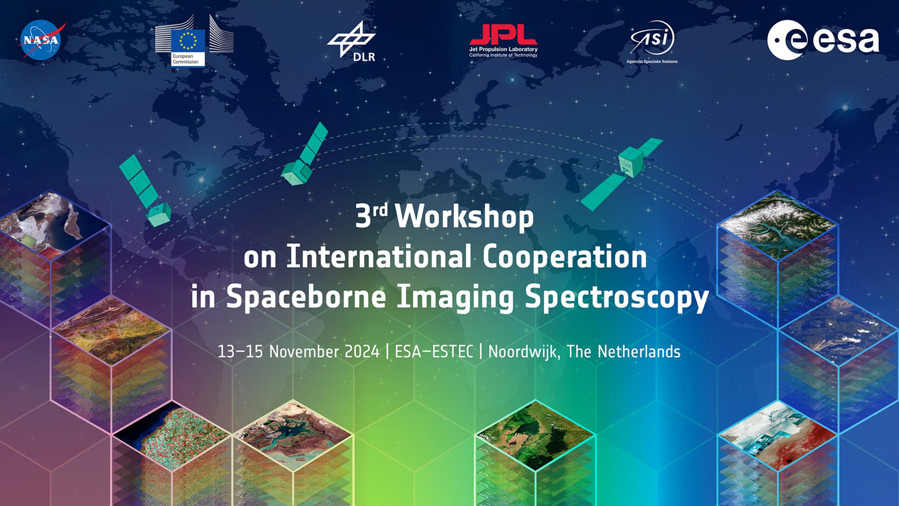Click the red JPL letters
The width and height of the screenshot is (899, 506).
(503, 34)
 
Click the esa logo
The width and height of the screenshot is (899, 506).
(822, 40)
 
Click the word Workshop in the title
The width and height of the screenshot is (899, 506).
(464, 216)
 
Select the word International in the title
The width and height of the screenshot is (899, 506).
(379, 257)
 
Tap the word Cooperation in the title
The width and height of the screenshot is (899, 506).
(564, 257)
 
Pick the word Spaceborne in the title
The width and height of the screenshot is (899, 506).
(306, 297)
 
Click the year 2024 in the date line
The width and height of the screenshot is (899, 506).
(362, 352)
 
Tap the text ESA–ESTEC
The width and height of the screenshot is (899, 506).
(434, 352)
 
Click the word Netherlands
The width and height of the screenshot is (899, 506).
(639, 352)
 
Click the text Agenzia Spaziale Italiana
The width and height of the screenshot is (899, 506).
(652, 62)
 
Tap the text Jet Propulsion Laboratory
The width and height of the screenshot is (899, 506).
(503, 49)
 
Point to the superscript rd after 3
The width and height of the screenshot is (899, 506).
(380, 210)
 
